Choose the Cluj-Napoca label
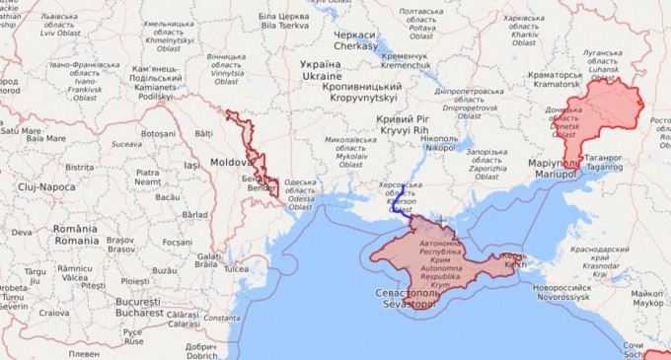tap(46, 186)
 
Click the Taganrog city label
tap(605, 162)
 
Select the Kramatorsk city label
tap(557, 79)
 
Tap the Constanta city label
tap(223, 318)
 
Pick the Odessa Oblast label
tap(300, 194)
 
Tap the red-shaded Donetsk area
tap(602, 118)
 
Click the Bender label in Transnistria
tap(261, 183)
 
